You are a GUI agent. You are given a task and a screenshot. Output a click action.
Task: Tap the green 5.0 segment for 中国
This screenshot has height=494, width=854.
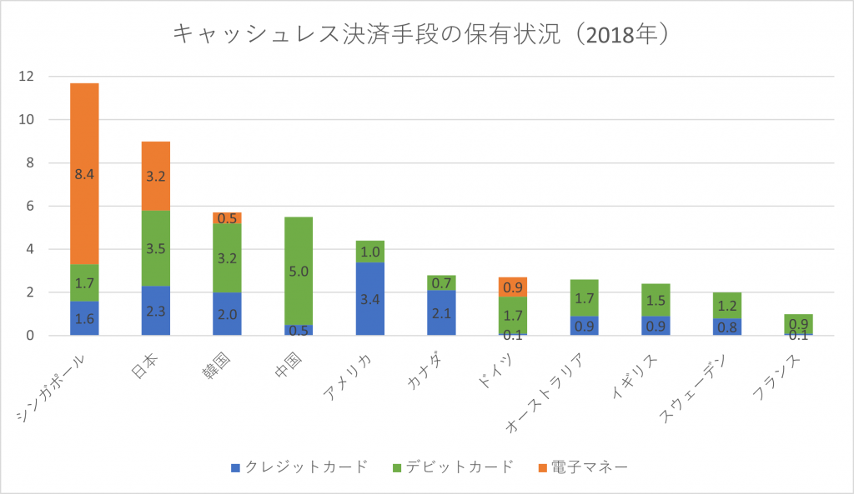(x=299, y=271)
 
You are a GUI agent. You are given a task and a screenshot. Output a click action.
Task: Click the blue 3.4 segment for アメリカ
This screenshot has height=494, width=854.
(x=369, y=298)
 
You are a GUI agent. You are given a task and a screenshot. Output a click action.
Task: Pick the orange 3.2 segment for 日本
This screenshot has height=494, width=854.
(x=156, y=176)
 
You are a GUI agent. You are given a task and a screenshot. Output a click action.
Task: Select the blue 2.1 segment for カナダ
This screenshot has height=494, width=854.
(x=441, y=313)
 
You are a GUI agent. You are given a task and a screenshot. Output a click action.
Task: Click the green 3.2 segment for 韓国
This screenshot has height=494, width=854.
(x=227, y=258)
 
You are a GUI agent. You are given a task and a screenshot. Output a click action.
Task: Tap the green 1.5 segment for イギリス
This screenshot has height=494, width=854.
(x=655, y=300)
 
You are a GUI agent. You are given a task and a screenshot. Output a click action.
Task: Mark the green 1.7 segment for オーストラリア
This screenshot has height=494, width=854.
(x=583, y=297)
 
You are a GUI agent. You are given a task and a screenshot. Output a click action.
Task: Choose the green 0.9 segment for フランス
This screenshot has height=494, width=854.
(x=797, y=324)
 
